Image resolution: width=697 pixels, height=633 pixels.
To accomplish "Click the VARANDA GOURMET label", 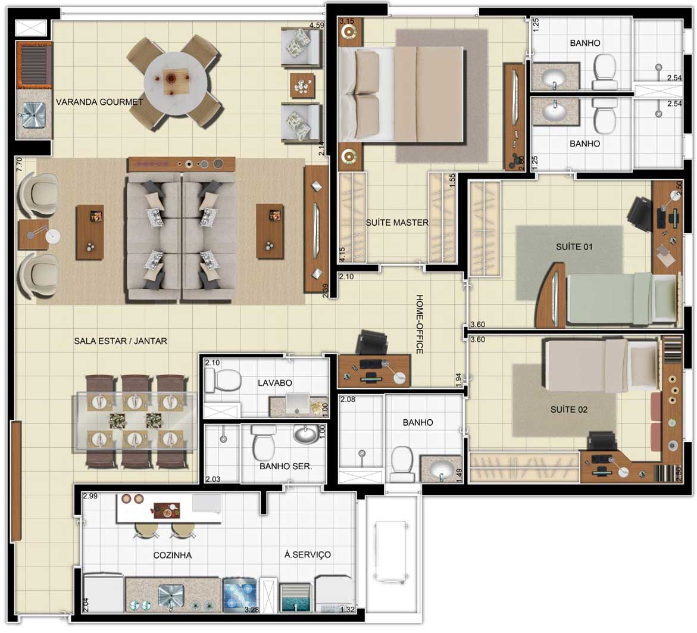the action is coord(99,102).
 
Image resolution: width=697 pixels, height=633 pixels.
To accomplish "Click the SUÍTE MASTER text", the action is coord(397,223).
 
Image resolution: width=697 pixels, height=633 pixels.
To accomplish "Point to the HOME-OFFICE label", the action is coord(419,324).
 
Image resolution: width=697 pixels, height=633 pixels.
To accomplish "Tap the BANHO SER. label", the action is coord(285,466).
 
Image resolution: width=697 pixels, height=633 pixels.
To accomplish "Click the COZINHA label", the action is coord(173,555).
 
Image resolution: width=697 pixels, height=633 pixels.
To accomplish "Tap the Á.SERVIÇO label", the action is coord(308,555).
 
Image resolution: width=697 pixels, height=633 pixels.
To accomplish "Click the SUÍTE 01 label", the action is coord(574,247).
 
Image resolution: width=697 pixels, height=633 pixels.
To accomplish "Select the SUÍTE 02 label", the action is coord(569,409).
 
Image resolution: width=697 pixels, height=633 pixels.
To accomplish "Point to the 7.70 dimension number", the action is coord(19,164).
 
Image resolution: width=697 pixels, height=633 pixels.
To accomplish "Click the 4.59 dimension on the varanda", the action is coord(317,26).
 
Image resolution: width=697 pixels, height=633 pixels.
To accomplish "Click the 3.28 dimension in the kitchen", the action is coord(252,609).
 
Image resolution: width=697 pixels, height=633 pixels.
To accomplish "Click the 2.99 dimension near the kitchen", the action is coord(90,496).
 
